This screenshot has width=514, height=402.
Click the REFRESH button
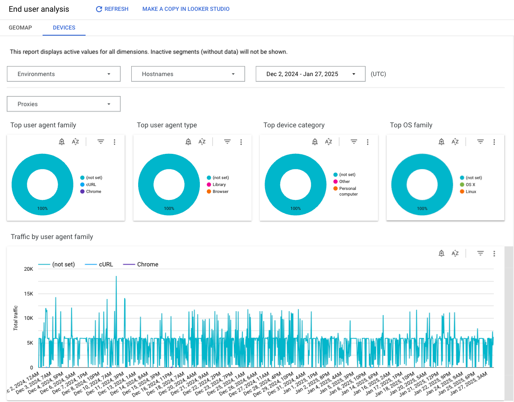112,9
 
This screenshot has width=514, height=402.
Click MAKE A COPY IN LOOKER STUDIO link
186,9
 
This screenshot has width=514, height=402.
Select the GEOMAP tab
20,27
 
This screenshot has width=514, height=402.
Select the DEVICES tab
64,27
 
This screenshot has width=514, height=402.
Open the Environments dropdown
63,74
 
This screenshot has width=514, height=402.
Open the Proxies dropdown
63,104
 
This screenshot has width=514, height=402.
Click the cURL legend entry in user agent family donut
91,185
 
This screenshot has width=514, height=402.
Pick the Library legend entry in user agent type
219,185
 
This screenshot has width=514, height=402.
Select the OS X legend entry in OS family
470,185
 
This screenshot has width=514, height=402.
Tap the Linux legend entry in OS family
471,192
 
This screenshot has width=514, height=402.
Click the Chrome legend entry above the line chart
147,264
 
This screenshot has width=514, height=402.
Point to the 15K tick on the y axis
28,294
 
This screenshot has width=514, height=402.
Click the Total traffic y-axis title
16,318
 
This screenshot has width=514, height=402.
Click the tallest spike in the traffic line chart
116,277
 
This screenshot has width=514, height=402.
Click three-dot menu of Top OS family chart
494,142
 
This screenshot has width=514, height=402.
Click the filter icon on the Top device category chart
354,142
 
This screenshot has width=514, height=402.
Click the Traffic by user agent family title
52,237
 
